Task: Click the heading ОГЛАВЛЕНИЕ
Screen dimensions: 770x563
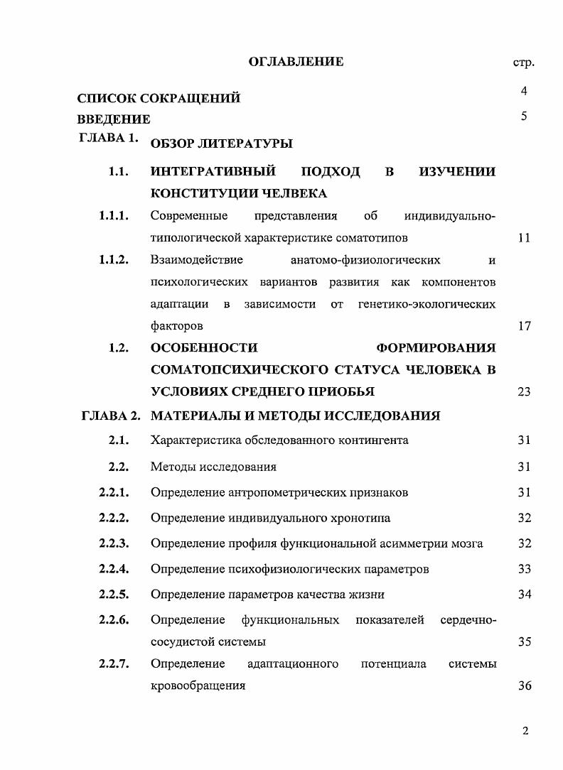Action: (x=296, y=62)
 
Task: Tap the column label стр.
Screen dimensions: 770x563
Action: (x=523, y=63)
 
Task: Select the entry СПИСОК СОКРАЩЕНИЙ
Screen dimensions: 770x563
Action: (x=159, y=98)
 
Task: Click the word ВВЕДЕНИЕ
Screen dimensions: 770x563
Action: (x=114, y=119)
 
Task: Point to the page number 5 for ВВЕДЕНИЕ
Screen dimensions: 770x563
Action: (x=524, y=116)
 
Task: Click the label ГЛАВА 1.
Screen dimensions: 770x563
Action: (x=107, y=139)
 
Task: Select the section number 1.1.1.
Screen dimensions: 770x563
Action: (x=114, y=215)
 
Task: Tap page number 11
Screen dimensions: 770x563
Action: (x=524, y=238)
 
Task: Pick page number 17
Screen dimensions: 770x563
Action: (x=524, y=327)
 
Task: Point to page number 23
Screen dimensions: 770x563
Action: (x=524, y=391)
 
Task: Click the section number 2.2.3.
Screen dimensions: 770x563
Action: (x=114, y=543)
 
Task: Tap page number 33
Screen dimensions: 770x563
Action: (x=524, y=569)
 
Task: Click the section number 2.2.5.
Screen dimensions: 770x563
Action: (x=114, y=594)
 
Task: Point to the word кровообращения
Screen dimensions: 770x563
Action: (x=198, y=686)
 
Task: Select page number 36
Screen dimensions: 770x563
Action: (x=524, y=686)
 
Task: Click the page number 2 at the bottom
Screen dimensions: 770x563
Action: (x=525, y=732)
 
